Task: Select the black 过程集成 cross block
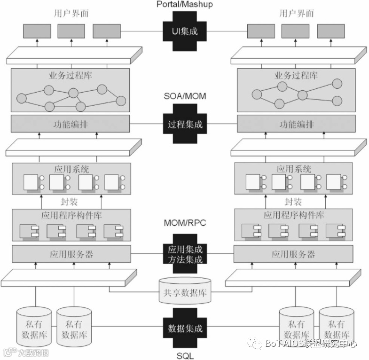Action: point(185,124)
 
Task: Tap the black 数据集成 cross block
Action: point(185,328)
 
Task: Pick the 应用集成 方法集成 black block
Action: point(185,254)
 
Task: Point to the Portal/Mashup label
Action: point(185,4)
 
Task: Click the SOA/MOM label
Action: point(185,96)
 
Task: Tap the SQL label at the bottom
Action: point(185,355)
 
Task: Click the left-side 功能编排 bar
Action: point(71,125)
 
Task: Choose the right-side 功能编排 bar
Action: point(296,125)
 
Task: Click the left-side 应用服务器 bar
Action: point(71,254)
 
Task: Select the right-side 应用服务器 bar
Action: point(293,254)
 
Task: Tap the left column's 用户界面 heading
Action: point(71,13)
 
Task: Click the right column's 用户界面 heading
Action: point(296,13)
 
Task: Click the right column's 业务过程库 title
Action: point(296,75)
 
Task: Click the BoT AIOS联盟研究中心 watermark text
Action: point(310,344)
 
